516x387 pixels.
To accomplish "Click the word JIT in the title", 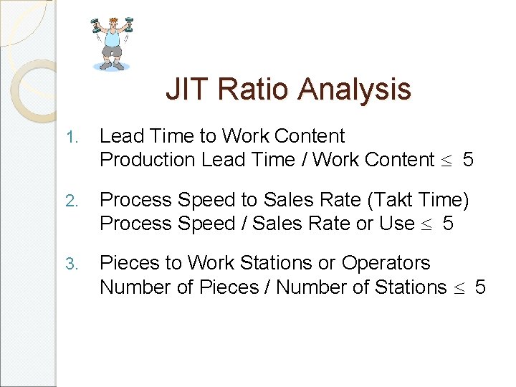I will pyautogui.click(x=183, y=90).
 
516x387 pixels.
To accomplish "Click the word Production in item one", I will pyautogui.click(x=148, y=160).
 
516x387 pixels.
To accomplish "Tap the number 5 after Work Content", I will pyautogui.click(x=468, y=160).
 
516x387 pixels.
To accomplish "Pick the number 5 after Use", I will pyautogui.click(x=448, y=224).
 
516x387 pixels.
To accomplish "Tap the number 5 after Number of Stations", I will pyautogui.click(x=480, y=287).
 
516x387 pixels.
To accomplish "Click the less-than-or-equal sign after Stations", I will pyautogui.click(x=460, y=288).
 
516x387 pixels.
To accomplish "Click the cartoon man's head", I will pyautogui.click(x=113, y=23).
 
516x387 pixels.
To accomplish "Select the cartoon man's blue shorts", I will pyautogui.click(x=112, y=52).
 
